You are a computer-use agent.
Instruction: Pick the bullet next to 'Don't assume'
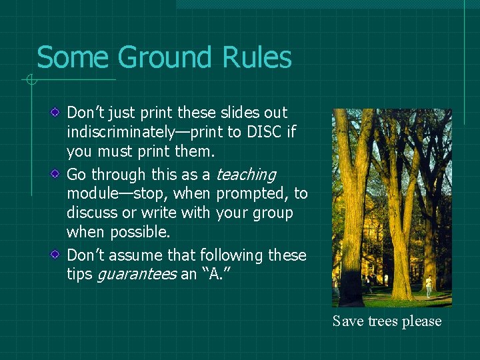[x=58, y=255]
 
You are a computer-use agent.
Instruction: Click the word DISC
[x=265, y=132]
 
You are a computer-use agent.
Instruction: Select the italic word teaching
[x=245, y=175]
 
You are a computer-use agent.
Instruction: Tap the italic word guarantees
[x=137, y=274]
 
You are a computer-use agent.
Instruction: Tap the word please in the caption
[x=421, y=321]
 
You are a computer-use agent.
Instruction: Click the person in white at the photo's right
[x=429, y=286]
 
